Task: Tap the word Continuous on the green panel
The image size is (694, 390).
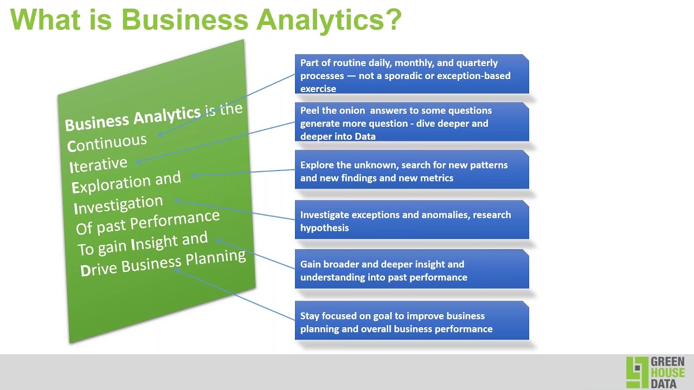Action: tap(107, 143)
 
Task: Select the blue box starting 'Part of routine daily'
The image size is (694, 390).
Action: tap(412, 75)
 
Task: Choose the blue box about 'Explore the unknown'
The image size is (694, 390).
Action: tap(412, 171)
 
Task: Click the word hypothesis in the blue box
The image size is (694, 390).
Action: tap(324, 228)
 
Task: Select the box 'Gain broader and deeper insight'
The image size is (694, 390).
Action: tap(412, 270)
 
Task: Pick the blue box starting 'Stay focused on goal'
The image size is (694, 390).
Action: tap(412, 322)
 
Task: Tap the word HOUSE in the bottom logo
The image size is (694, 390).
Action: tap(667, 373)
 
